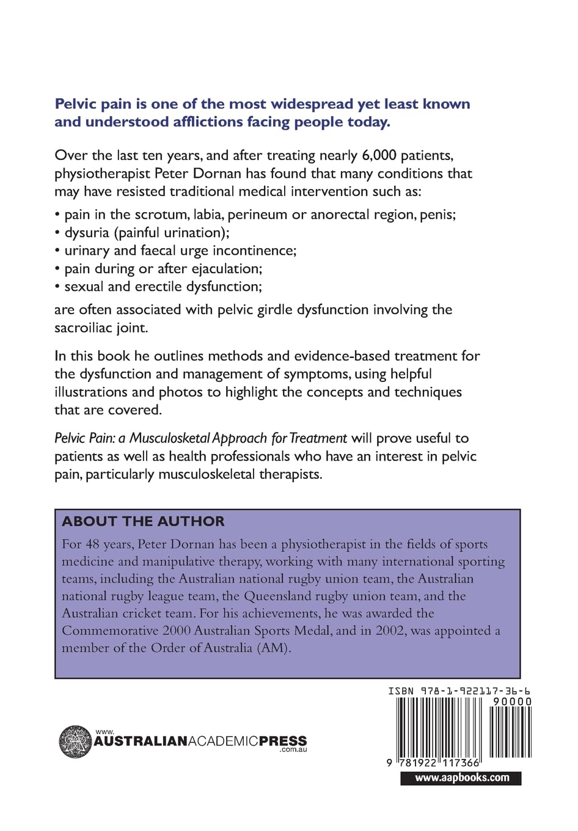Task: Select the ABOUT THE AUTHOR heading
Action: pos(143,521)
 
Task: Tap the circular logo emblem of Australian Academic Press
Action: pos(75,742)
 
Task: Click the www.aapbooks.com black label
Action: pos(461,778)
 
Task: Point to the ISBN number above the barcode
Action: pos(459,691)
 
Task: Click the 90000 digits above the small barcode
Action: pos(512,701)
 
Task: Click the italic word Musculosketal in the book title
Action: pos(169,438)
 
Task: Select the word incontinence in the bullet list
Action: pos(254,251)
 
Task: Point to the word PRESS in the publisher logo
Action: pos(283,741)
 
